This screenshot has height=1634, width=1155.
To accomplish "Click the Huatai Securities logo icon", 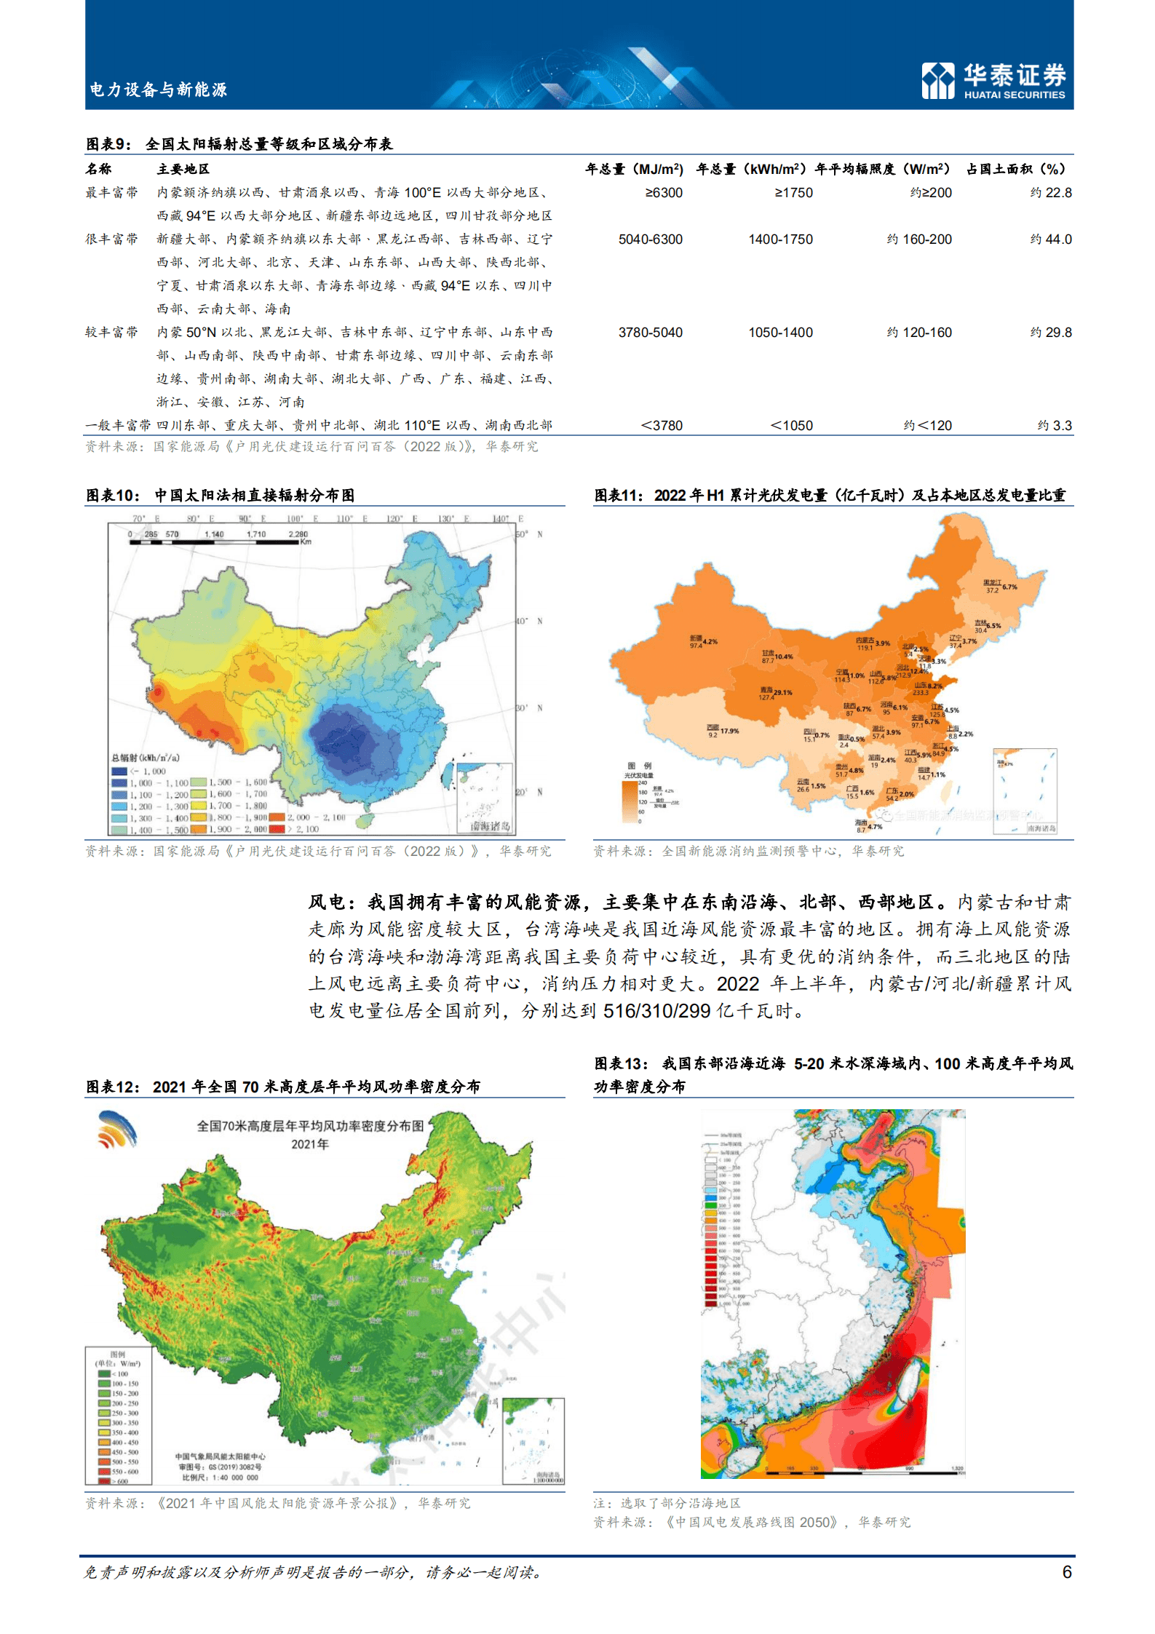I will pos(937,80).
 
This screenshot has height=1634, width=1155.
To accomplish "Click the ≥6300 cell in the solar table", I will pos(663,193).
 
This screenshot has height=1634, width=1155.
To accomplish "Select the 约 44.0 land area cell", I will pos(1051,239).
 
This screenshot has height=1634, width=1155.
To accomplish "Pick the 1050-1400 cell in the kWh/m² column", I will pos(780,333).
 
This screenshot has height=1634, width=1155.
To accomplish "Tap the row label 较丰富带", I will pos(111,333).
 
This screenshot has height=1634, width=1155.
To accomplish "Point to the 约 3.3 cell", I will pos(1055,426).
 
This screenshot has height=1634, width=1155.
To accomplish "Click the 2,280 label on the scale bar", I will pos(298,534).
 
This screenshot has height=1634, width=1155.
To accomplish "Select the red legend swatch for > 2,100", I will pos(276,829).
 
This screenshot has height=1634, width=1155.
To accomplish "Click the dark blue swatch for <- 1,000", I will pos(119,771).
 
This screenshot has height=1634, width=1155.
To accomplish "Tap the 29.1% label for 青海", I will pos(783,692).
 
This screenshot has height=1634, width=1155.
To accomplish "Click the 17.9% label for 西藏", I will pos(729,730).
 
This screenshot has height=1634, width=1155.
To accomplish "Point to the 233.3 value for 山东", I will pos(920,692).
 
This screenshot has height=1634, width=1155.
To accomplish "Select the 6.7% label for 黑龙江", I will pos(1009,587).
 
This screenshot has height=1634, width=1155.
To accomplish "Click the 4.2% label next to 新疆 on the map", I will pos(710,641).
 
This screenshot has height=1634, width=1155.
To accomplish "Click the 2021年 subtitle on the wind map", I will pos(310,1144).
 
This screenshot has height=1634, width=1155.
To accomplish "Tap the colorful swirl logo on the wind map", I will pos(117,1130).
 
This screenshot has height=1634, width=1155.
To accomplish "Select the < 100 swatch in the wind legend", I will pos(104,1373).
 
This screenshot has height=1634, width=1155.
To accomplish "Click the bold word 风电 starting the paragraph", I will pos(328,903).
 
